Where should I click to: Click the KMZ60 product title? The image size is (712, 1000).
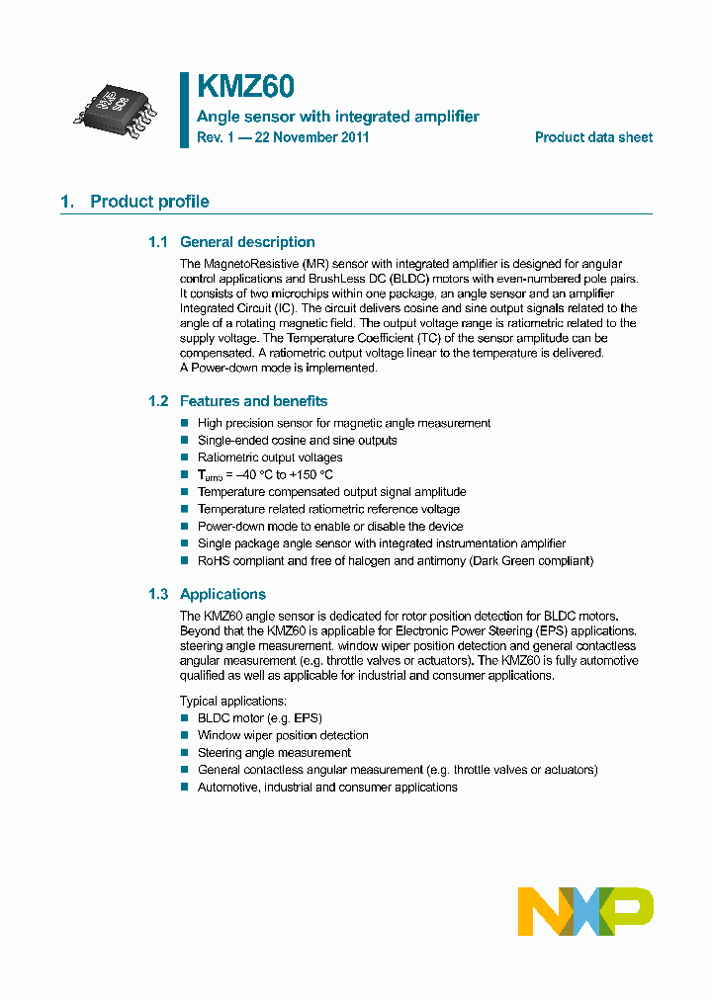click(244, 88)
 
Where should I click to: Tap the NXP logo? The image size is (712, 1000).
click(585, 911)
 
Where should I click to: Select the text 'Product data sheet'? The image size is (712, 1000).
click(593, 137)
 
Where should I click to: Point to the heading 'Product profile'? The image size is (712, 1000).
click(149, 202)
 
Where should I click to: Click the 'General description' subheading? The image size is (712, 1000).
click(246, 242)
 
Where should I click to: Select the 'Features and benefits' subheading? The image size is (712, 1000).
click(253, 401)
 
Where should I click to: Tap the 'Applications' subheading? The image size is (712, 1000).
click(222, 594)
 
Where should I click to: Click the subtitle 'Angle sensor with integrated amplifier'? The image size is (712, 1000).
click(338, 117)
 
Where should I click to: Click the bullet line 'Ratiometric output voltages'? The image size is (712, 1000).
click(270, 458)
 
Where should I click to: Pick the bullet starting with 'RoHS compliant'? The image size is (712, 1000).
click(395, 561)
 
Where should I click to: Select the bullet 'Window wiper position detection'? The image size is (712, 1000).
click(283, 735)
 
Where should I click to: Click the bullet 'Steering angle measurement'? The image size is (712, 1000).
click(274, 753)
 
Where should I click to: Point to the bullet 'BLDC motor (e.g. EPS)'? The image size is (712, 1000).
click(259, 718)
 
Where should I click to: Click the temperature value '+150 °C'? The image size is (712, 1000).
click(311, 475)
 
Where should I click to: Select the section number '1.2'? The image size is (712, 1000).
click(158, 401)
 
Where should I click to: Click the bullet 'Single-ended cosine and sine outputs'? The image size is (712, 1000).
click(297, 441)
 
